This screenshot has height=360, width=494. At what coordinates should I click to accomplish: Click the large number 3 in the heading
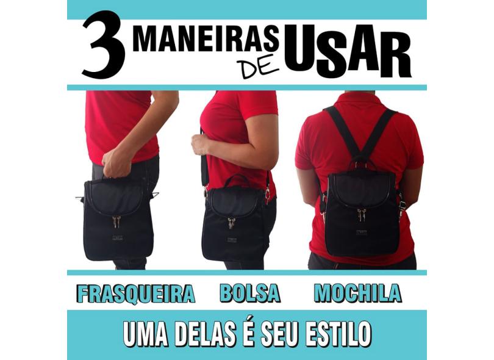103,45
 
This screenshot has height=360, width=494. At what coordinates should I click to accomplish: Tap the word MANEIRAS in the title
206,40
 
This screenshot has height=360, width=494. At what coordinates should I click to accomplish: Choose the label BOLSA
250,293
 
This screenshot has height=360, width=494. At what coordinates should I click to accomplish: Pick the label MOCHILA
358,293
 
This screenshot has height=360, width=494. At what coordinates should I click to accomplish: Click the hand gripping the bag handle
116,163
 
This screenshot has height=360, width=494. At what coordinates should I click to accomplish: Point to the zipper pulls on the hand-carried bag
116,221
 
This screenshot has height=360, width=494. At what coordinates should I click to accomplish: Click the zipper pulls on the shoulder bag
232,223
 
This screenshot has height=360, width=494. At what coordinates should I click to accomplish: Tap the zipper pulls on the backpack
361,215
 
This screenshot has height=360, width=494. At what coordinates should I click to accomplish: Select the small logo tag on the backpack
362,233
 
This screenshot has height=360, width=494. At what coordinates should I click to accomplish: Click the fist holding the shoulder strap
201,145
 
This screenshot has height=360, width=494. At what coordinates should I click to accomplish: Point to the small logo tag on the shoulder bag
232,240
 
